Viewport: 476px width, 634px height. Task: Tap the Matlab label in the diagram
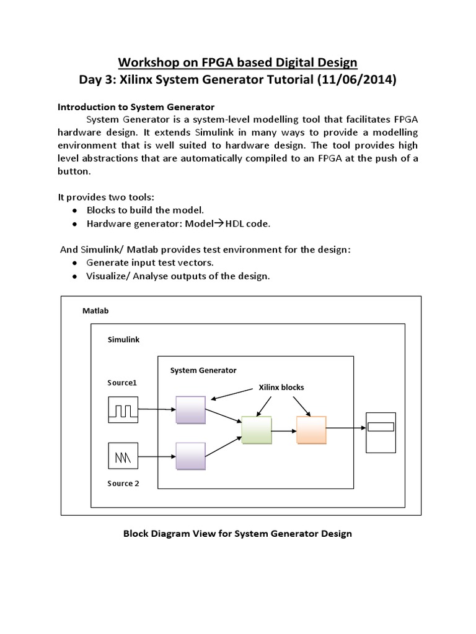tap(95, 311)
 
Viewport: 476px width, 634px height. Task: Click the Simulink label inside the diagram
tap(124, 340)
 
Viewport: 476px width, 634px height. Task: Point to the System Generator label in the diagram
tap(203, 370)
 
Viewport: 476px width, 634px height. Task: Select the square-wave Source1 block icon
tap(123, 410)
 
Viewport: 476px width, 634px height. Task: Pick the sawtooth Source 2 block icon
tap(123, 458)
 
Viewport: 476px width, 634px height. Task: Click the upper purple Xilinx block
tap(190, 410)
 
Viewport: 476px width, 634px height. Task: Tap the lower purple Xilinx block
tap(190, 458)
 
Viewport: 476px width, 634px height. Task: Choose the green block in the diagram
tap(257, 430)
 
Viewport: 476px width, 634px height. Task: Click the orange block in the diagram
tap(311, 429)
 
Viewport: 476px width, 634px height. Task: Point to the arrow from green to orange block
tap(284, 430)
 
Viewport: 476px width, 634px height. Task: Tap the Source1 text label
tap(121, 383)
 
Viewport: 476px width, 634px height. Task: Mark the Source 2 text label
tap(120, 484)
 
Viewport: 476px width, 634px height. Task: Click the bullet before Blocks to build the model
tap(74, 211)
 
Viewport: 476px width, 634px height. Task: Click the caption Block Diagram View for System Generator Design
tap(237, 534)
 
